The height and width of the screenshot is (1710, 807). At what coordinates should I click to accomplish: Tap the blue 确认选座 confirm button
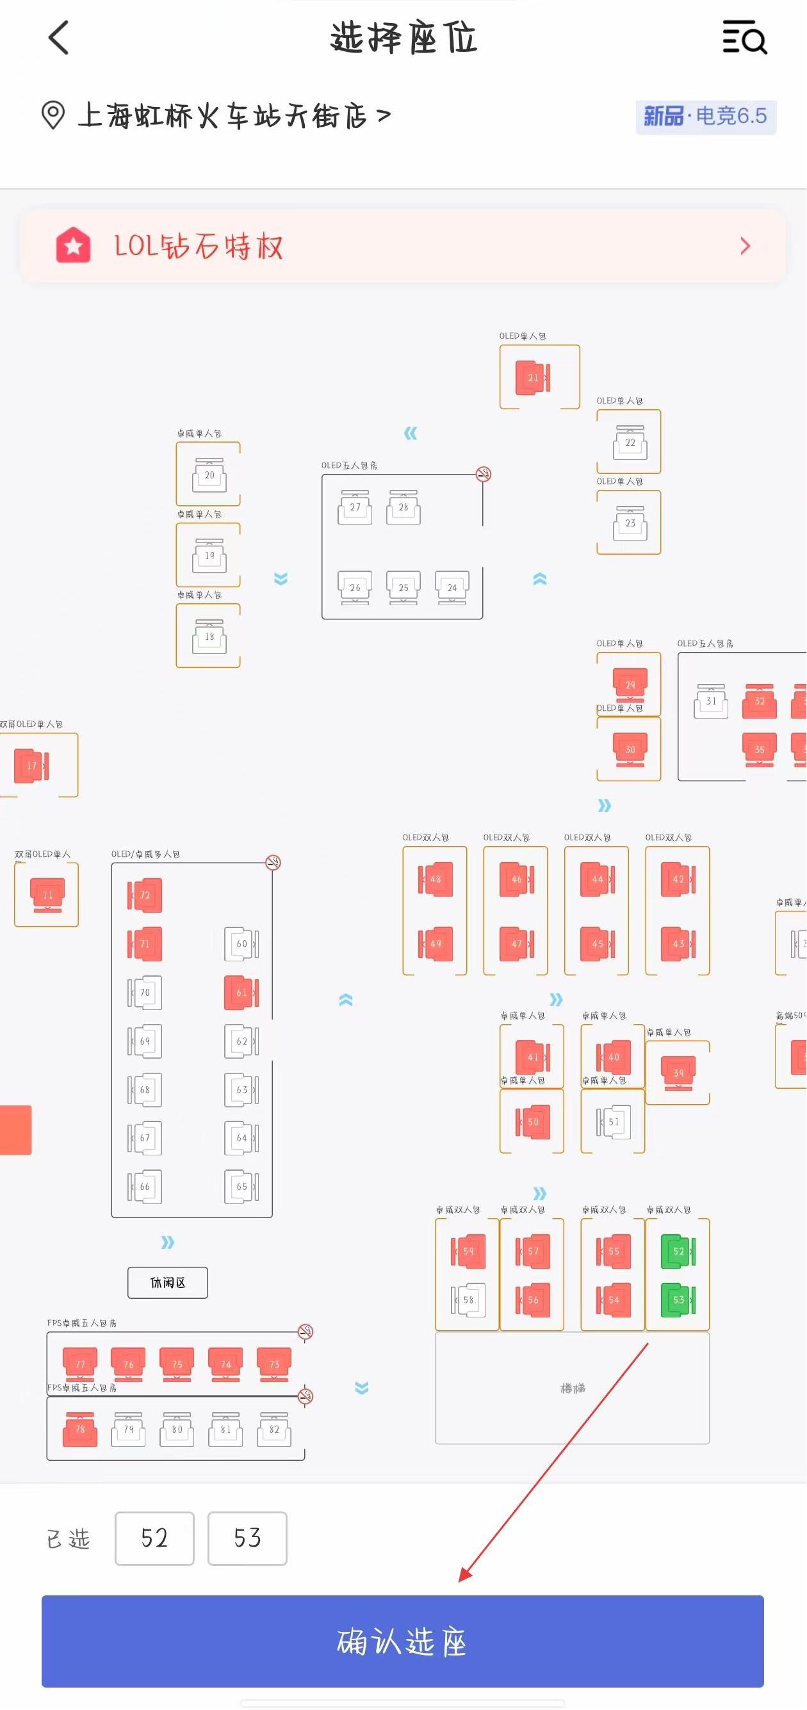point(402,1640)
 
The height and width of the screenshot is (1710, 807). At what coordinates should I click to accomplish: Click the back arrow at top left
point(59,37)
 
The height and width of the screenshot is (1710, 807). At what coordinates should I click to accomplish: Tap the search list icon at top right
point(744,37)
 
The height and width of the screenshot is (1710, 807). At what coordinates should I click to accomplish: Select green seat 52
point(678,1251)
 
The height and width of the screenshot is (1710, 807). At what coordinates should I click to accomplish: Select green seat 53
point(678,1299)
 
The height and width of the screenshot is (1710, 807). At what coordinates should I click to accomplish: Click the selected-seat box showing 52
point(154,1538)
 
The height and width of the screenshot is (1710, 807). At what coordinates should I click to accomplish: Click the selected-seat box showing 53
point(247,1538)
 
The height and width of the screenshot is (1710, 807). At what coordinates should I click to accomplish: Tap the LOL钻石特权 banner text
point(199,247)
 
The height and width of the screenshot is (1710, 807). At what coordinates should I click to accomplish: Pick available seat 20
point(209,475)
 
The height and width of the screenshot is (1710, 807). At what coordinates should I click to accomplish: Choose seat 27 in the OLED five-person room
point(355,508)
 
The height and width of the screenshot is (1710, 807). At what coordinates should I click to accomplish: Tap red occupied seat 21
point(532,378)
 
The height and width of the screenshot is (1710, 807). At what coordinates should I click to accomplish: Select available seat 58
point(468,1299)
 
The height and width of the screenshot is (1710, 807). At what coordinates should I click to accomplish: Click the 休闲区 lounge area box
point(167,1282)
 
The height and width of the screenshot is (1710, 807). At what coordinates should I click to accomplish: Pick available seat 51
point(613,1122)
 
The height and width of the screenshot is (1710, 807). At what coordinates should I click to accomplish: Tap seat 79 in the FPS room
point(129,1429)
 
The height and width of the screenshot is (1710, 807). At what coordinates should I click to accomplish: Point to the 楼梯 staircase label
point(572,1388)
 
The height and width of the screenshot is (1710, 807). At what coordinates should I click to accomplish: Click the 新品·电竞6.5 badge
point(705,117)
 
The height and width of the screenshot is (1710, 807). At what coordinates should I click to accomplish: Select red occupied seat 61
point(241,993)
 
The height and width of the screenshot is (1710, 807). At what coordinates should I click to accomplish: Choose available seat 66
point(145,1186)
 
